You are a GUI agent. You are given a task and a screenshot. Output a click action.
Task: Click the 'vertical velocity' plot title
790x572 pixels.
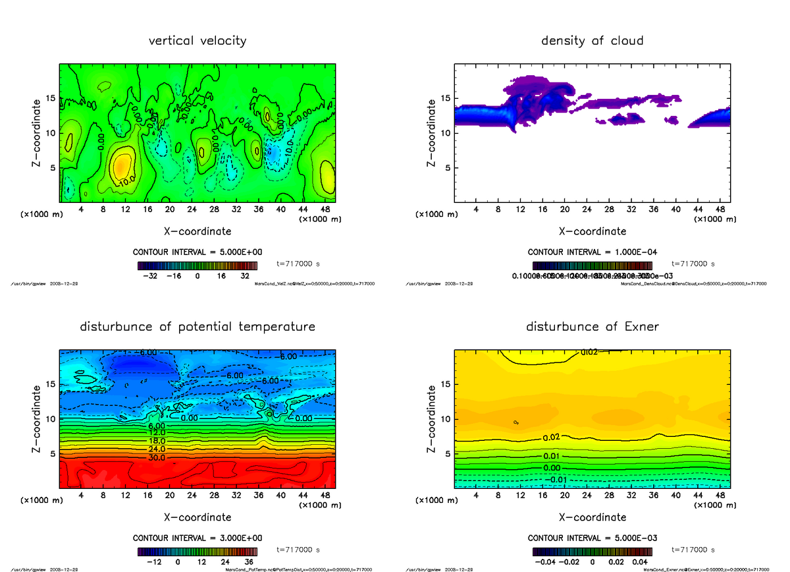click(x=197, y=41)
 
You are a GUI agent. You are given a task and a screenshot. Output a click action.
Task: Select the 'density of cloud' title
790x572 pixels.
click(x=592, y=41)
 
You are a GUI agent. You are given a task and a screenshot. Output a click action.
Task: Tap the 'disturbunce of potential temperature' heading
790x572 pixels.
click(x=197, y=327)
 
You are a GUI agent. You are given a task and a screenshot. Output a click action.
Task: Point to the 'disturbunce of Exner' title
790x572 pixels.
click(x=592, y=327)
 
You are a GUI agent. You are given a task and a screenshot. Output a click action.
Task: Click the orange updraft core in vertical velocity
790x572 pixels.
click(x=122, y=166)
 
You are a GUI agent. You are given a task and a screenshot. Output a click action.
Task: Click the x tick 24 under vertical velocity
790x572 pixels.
click(x=192, y=209)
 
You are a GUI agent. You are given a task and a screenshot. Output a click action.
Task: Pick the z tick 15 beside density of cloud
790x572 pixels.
click(x=445, y=99)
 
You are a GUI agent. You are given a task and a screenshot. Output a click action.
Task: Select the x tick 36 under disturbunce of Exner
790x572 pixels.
click(x=653, y=495)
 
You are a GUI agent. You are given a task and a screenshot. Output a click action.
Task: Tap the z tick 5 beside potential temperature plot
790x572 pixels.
click(x=51, y=453)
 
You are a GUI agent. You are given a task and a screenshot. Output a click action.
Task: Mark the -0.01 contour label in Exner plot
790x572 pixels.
click(x=558, y=479)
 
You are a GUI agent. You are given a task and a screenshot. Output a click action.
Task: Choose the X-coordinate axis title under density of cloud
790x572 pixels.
click(x=592, y=231)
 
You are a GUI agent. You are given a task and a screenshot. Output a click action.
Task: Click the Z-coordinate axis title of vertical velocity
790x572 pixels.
click(x=37, y=132)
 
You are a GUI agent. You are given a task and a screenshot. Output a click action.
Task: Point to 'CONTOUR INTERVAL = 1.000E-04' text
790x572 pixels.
click(x=592, y=252)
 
